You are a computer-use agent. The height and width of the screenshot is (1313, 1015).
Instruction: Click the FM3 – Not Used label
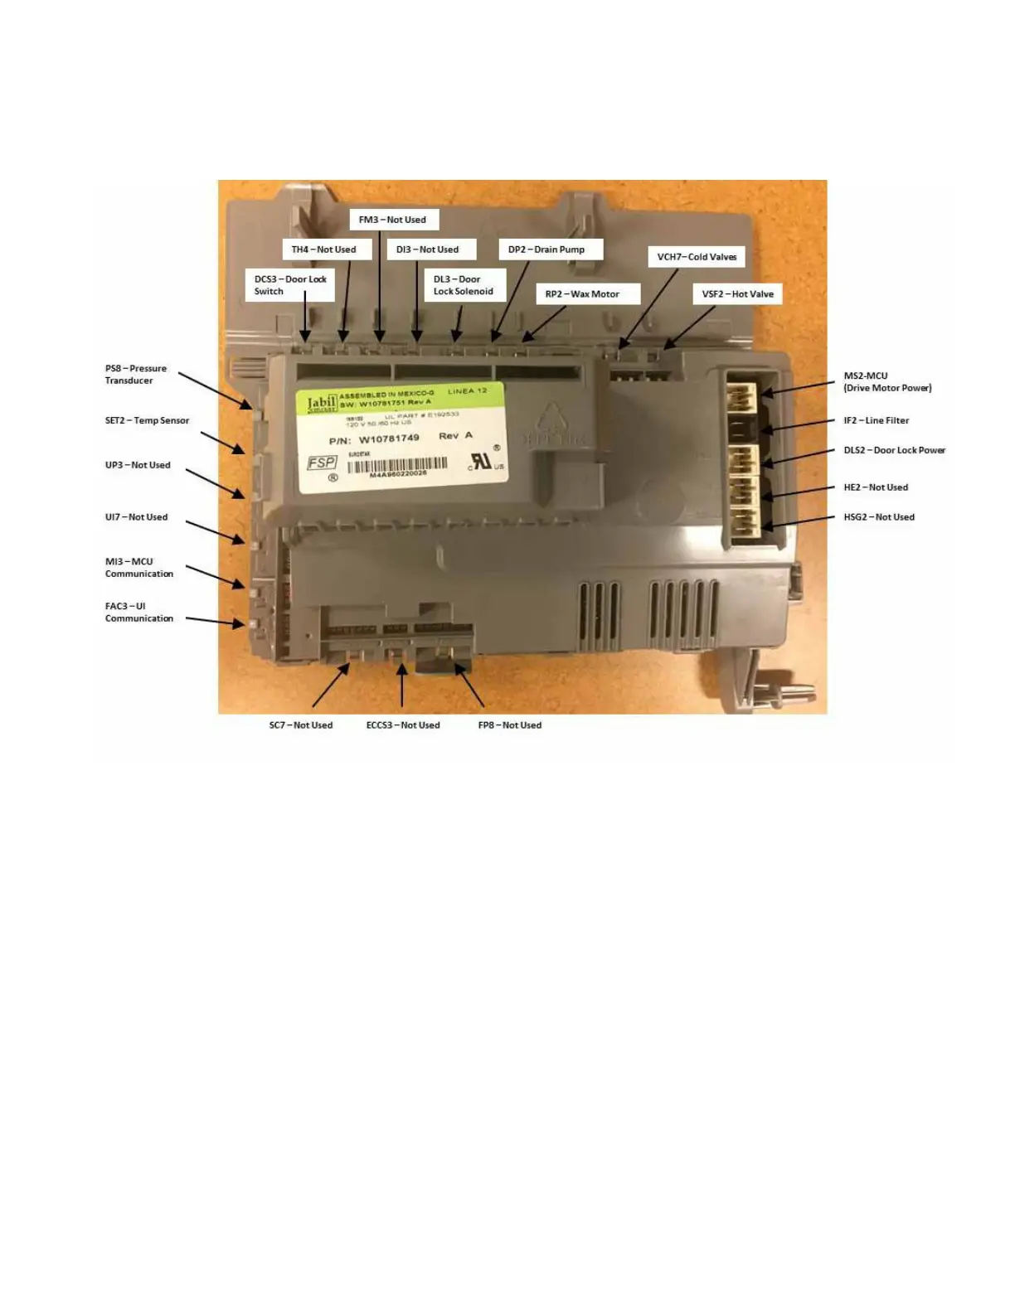click(x=393, y=220)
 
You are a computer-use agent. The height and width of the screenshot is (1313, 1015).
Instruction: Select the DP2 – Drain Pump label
click(x=546, y=250)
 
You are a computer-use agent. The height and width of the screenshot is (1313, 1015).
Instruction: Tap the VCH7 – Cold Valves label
click(x=697, y=257)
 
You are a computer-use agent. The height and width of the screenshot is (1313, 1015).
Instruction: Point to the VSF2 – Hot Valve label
click(x=737, y=294)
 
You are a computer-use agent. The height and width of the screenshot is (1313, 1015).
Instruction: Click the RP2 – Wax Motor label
click(x=582, y=294)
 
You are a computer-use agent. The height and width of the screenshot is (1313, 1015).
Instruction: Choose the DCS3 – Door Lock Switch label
click(x=290, y=285)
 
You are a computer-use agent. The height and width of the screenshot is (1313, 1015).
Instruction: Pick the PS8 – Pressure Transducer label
click(x=136, y=375)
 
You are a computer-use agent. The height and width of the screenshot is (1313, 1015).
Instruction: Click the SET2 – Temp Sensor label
click(x=147, y=420)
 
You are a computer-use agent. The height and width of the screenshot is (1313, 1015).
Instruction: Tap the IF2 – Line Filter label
click(x=877, y=420)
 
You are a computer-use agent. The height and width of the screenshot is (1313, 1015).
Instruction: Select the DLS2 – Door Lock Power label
click(x=895, y=450)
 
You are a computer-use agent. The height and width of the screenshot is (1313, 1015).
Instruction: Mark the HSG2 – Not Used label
click(x=879, y=517)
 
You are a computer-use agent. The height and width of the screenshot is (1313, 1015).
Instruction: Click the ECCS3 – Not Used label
click(x=403, y=725)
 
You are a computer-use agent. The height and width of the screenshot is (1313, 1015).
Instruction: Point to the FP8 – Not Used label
click(x=510, y=725)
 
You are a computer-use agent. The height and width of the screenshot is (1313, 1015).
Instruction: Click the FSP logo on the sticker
click(x=322, y=463)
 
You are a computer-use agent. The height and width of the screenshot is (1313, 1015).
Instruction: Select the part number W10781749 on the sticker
click(x=388, y=438)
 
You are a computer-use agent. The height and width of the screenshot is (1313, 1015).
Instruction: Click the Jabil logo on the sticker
click(x=322, y=404)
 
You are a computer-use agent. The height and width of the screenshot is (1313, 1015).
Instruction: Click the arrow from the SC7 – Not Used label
click(x=332, y=684)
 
